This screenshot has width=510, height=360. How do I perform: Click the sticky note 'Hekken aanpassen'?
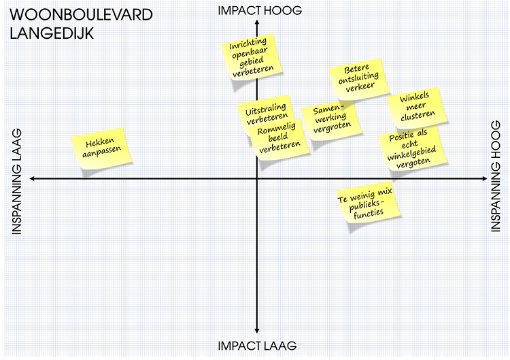(x=102, y=149)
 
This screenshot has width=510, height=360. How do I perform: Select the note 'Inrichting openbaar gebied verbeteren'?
(x=252, y=56)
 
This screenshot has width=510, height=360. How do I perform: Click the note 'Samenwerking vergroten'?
(x=331, y=120)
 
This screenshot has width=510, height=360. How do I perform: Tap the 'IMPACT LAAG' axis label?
(x=257, y=346)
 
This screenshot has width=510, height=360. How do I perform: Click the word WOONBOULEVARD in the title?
(x=81, y=15)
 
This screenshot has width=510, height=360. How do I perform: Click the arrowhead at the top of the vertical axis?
(x=257, y=23)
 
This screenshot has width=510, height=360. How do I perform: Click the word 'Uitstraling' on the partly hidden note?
(x=262, y=109)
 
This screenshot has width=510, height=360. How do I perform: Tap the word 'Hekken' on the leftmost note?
(x=99, y=143)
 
